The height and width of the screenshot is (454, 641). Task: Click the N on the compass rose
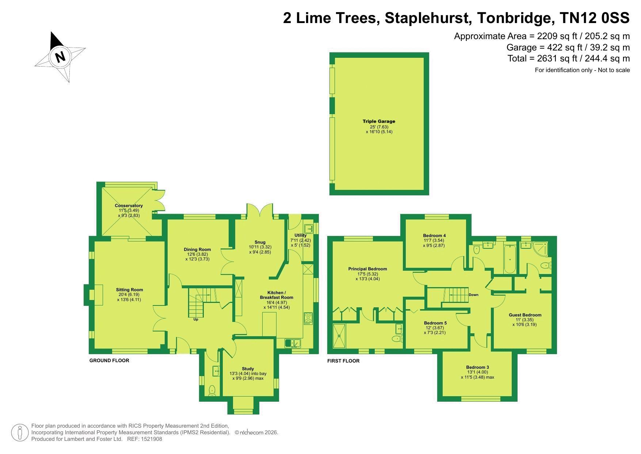60,57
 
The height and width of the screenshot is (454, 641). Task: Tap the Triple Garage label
379,121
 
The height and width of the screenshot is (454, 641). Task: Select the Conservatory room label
129,206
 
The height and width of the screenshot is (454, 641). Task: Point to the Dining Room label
197,249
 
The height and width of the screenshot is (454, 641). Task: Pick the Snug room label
260,242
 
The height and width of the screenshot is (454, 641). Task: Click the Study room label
248,369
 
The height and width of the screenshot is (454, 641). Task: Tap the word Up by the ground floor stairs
196,319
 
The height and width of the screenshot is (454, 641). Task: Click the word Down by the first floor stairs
473,294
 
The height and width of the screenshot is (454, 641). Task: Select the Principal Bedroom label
367,269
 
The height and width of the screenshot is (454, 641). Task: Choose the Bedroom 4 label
434,236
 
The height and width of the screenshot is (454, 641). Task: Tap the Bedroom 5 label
435,323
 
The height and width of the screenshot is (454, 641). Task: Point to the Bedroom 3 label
477,367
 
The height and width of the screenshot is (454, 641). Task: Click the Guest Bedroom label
525,315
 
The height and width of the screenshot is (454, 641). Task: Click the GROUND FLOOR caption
109,360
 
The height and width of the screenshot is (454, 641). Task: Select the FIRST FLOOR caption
343,361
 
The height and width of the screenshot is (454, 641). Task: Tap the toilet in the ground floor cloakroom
212,391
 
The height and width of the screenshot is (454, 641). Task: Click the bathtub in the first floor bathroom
510,259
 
